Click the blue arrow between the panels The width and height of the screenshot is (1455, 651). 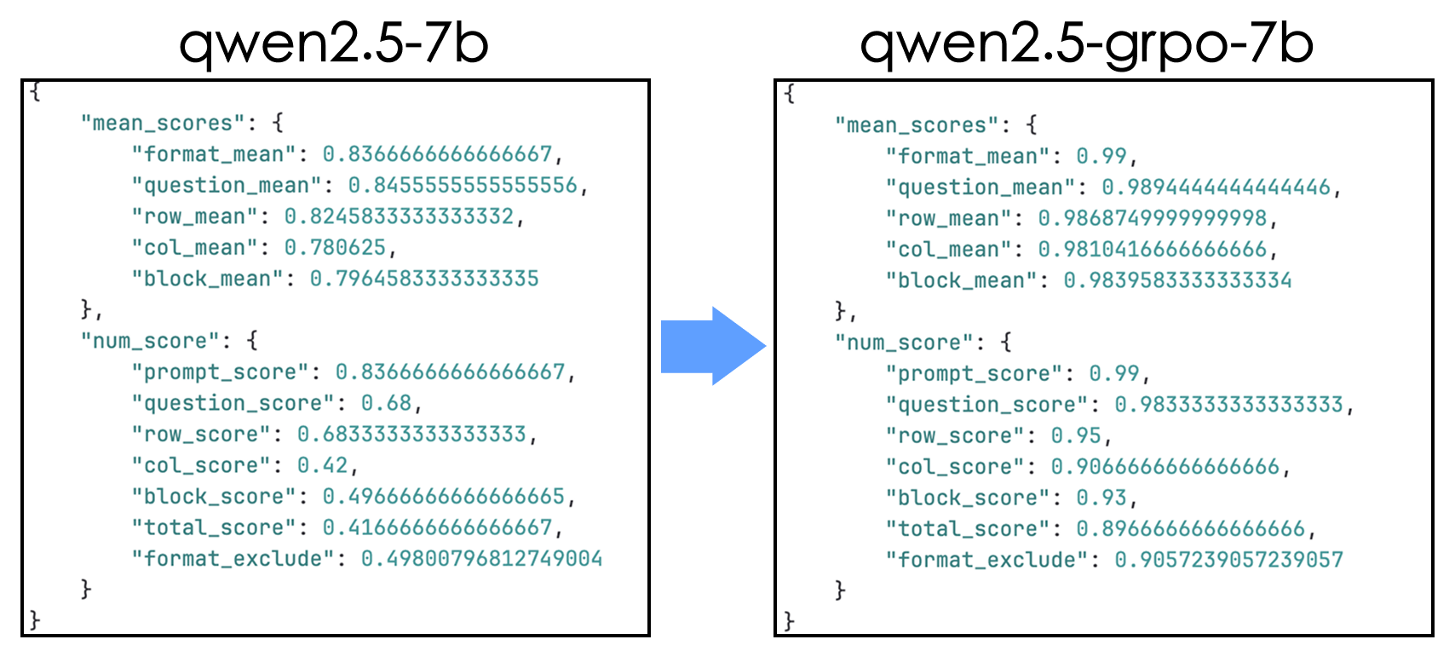712,345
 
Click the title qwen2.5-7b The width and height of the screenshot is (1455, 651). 334,43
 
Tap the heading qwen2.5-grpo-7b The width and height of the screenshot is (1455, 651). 1086,43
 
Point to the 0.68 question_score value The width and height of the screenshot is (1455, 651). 386,402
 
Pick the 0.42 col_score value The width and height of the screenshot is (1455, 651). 322,465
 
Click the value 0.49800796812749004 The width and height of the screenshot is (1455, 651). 481,558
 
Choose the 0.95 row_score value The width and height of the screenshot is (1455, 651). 1076,435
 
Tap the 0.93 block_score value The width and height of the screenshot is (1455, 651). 1101,498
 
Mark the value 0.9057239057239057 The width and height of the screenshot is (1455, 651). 1228,560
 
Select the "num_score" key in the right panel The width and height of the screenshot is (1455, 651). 904,343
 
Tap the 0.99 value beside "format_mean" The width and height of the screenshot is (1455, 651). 1101,156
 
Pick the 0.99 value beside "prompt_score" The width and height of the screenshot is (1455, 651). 1114,373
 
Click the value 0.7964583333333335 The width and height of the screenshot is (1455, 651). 424,279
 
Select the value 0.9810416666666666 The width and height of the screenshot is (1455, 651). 1152,249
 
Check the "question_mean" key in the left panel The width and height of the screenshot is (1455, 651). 225,185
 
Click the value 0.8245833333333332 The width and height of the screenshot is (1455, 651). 399,216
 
